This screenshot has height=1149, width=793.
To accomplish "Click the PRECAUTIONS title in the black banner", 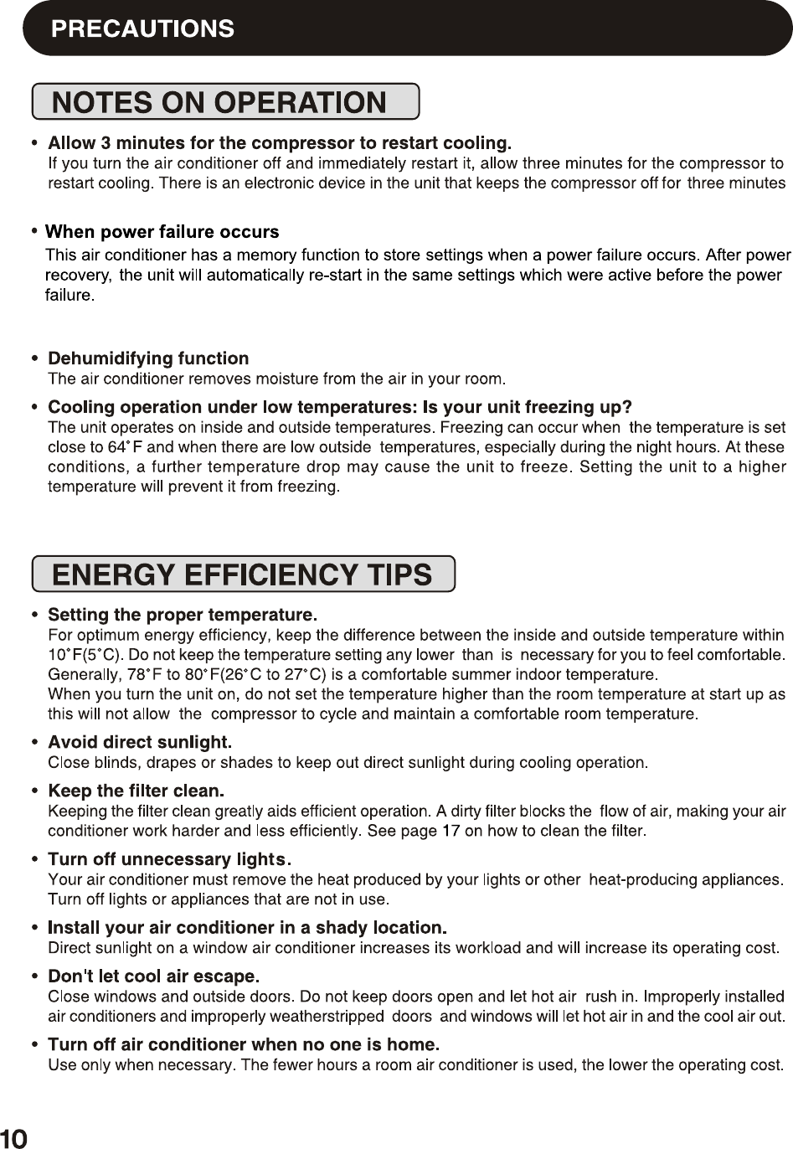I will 142,28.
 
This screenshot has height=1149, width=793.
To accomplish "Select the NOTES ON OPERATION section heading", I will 219,102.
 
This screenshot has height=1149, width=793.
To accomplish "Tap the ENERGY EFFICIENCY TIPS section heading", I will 242,574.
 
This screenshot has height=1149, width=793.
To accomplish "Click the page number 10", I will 14,1137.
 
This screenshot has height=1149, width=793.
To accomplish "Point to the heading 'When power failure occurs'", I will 162,231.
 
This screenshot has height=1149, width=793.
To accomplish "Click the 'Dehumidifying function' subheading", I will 148,358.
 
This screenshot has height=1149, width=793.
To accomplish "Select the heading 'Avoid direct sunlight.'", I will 140,742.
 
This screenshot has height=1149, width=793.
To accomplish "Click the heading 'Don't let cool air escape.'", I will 154,976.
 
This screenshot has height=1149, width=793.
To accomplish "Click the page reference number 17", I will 451,831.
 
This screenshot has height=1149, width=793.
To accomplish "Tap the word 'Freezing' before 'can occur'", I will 473,428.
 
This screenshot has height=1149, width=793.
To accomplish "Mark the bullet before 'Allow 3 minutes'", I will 34,143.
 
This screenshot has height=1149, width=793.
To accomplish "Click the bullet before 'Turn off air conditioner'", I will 34,1045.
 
